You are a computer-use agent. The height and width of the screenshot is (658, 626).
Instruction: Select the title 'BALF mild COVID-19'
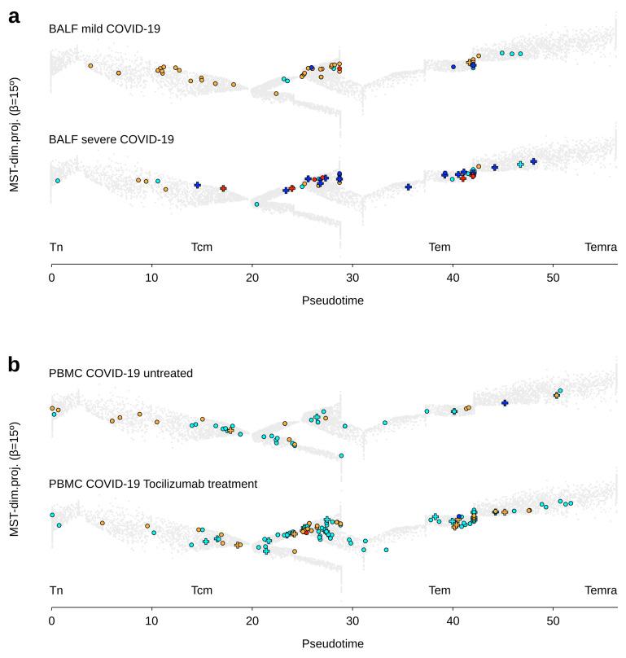pos(104,29)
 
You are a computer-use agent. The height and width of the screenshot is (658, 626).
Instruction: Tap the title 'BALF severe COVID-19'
pos(112,139)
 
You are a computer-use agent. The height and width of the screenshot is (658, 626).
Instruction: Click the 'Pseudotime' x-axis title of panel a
pos(333,300)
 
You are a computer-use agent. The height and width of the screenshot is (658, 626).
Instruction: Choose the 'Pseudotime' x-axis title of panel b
pos(333,643)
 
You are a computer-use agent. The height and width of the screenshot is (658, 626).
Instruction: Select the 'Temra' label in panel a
pos(600,247)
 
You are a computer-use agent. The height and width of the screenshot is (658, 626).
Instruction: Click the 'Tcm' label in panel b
pos(202,590)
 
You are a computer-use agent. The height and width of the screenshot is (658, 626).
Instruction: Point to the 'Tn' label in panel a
pos(55,247)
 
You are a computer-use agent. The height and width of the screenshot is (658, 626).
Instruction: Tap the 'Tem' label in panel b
pos(440,590)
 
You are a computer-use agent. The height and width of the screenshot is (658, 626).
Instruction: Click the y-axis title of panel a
pos(14,134)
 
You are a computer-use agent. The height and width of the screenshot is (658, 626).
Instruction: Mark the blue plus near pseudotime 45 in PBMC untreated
pos(505,403)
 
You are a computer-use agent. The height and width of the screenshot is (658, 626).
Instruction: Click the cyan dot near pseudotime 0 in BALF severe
pos(57,181)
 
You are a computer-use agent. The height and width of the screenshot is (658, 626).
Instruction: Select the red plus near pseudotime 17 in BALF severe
pos(223,188)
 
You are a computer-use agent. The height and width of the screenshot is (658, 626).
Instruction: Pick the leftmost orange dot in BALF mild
pos(90,65)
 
